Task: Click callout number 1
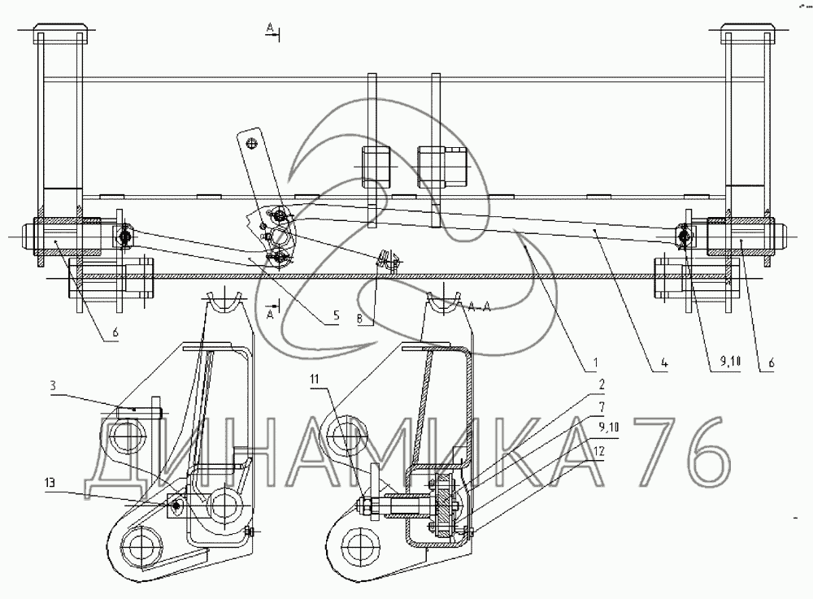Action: (x=596, y=362)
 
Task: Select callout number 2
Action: (x=602, y=384)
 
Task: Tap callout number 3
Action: (x=53, y=385)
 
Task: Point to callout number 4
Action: (x=664, y=362)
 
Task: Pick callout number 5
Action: (x=336, y=315)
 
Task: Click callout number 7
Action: (x=602, y=406)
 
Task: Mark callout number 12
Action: (x=599, y=451)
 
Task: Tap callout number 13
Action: (x=50, y=484)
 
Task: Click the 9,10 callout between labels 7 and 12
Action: (x=609, y=428)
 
